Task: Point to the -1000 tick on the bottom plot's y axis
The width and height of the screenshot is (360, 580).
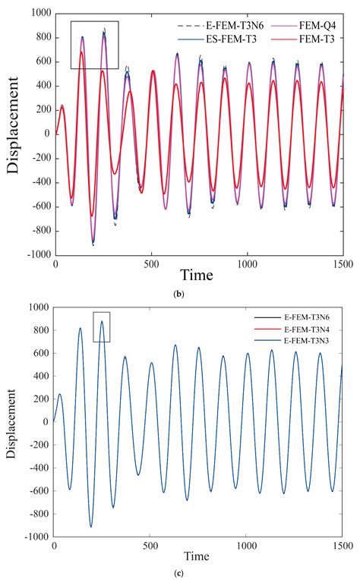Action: tap(35, 537)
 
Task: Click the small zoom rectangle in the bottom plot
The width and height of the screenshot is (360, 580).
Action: tap(102, 326)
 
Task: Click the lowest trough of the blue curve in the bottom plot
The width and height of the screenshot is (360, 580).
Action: tap(91, 526)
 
